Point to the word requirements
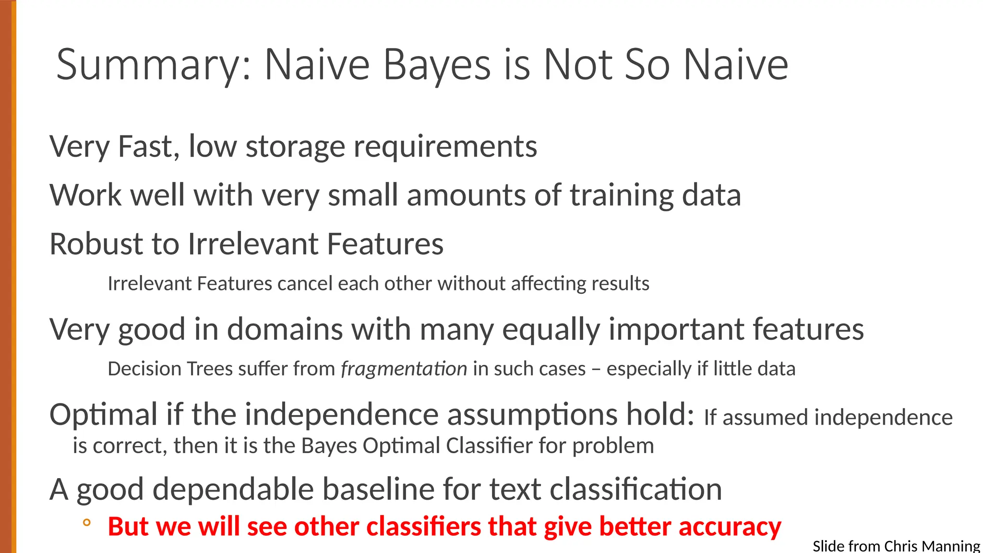(445, 146)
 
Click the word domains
(285, 330)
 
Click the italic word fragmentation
(404, 369)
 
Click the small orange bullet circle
(86, 523)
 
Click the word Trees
(210, 369)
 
